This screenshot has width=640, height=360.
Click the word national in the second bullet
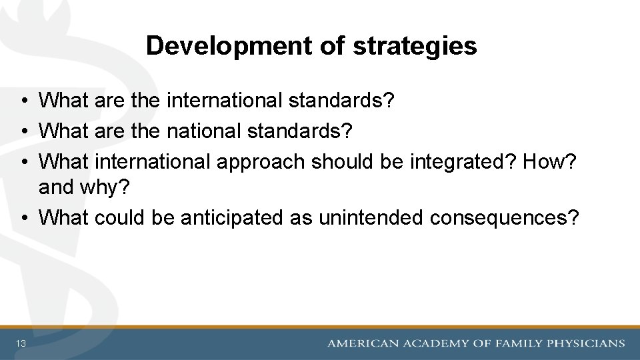[204, 131]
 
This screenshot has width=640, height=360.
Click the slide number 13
[22, 343]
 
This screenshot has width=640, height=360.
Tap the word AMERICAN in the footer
[363, 343]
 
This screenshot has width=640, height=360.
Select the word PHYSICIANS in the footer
[586, 343]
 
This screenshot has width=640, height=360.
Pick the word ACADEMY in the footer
[436, 343]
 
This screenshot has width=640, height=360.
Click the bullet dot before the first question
[23, 102]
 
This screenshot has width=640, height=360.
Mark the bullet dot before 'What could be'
[23, 218]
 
